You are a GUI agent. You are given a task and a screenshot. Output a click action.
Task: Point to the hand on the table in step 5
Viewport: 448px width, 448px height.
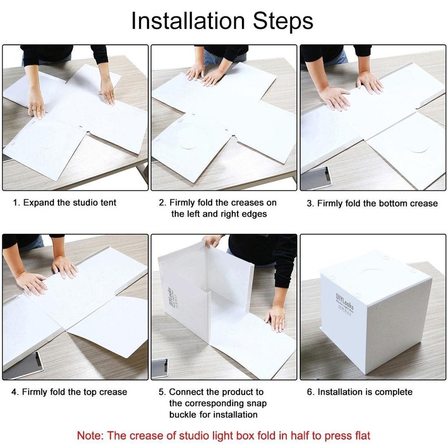[275, 318]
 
